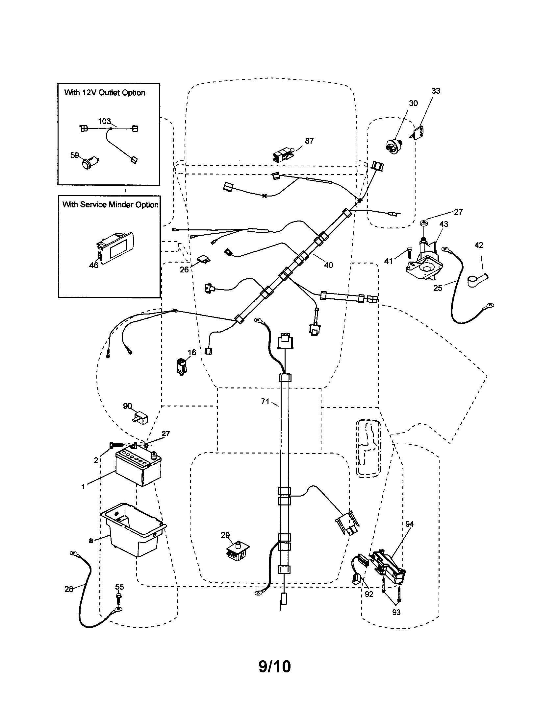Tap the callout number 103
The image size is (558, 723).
[104, 121]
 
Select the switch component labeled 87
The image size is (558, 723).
[282, 154]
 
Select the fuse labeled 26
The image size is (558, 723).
[203, 259]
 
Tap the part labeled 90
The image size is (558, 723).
[140, 418]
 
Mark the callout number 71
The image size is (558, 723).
[265, 402]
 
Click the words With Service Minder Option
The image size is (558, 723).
[110, 205]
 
